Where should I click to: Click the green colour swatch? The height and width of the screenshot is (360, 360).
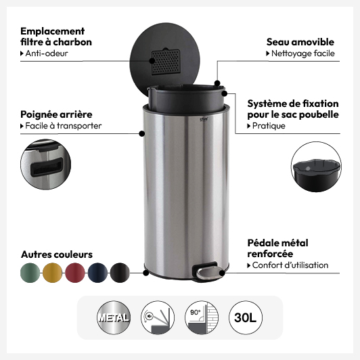[30, 273]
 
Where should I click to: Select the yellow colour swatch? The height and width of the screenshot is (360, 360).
[52, 273]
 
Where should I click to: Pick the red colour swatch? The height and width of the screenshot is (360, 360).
[75, 273]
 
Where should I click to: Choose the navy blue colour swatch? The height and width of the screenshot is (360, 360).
[97, 273]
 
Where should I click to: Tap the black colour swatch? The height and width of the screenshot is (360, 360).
[120, 273]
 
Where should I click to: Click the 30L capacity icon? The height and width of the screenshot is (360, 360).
[246, 317]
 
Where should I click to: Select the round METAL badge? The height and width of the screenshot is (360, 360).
[114, 317]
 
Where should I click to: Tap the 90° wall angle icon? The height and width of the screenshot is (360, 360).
[202, 317]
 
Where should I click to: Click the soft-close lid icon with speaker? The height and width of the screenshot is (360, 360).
[158, 317]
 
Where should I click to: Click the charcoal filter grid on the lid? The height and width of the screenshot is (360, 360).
[165, 62]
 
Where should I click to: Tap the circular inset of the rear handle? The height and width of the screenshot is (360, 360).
[46, 164]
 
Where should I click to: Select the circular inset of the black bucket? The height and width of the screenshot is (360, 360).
[316, 167]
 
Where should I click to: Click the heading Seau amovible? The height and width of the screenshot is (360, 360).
[300, 42]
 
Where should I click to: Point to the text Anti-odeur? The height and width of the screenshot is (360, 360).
[47, 53]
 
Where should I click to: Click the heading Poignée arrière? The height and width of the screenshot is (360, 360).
[56, 114]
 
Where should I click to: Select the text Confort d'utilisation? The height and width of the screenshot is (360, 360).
[290, 265]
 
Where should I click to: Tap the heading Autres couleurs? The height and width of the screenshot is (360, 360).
[57, 254]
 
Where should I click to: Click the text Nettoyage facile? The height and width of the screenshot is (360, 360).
[303, 53]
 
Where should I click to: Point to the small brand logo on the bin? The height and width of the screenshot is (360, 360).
[204, 119]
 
